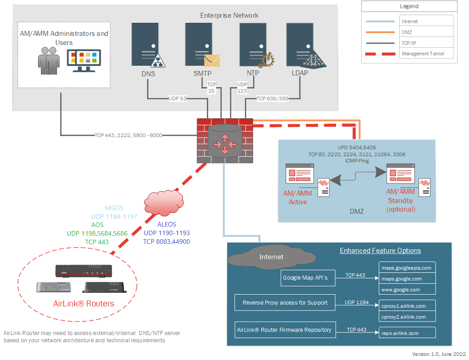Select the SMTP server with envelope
[x=200, y=45]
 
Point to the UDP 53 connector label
[x=177, y=98]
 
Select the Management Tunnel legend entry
[x=422, y=54]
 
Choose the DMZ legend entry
[x=407, y=32]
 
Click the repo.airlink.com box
[x=407, y=333]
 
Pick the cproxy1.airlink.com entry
[x=407, y=306]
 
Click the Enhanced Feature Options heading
[x=380, y=251]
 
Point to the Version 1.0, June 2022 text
[x=439, y=354]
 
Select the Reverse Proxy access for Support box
[x=285, y=303]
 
